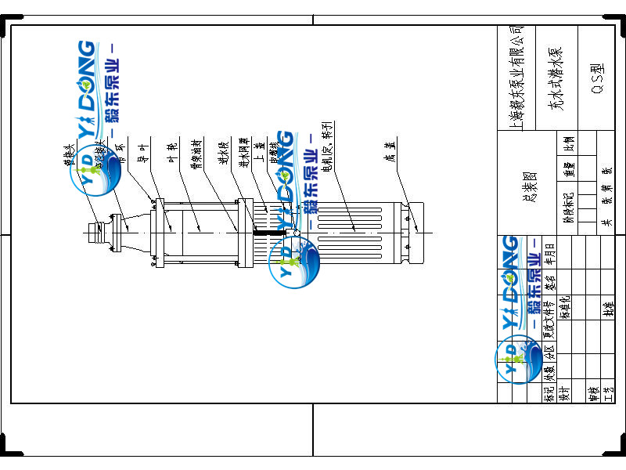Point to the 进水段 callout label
point(222,153)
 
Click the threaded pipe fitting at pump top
point(97,232)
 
